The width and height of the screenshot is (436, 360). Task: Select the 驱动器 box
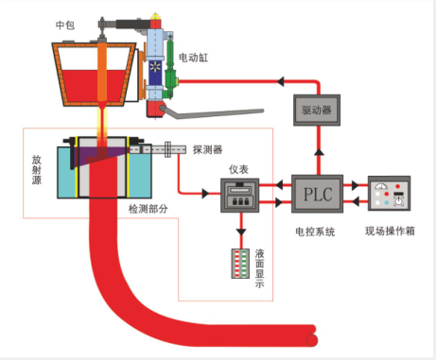pos(318,111)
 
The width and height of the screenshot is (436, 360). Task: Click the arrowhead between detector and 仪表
pos(204,193)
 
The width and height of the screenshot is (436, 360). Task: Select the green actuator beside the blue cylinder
pos(171,71)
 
